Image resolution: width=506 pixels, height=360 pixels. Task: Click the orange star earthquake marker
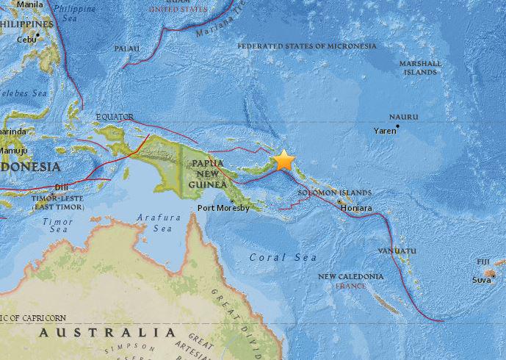pyautogui.click(x=283, y=161)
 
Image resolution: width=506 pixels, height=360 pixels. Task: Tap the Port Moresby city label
pyautogui.click(x=224, y=208)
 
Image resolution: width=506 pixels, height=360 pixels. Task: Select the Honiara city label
pyautogui.click(x=356, y=208)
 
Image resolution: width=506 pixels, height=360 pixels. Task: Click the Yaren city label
pyautogui.click(x=384, y=131)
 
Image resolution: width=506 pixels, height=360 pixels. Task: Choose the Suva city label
pyautogui.click(x=482, y=280)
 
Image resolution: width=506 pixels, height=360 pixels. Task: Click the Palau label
pyautogui.click(x=127, y=48)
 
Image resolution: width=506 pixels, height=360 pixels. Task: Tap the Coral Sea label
pyautogui.click(x=283, y=257)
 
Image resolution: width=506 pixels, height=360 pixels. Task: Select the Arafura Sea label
pyautogui.click(x=154, y=223)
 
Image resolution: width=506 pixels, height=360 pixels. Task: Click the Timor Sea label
pyautogui.click(x=57, y=225)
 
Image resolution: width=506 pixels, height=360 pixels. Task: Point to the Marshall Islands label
pyautogui.click(x=421, y=68)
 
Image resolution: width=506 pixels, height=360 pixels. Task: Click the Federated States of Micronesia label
pyautogui.click(x=307, y=46)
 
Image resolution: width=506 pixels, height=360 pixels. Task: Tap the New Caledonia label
pyautogui.click(x=350, y=276)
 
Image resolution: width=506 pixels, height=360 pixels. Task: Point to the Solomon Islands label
pyautogui.click(x=334, y=192)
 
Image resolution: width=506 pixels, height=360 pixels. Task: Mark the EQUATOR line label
pyautogui.click(x=115, y=116)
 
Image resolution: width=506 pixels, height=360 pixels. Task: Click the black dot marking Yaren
pyautogui.click(x=397, y=126)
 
